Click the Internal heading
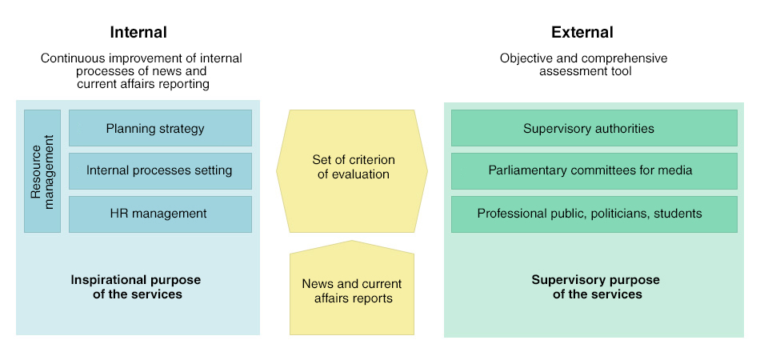(x=138, y=33)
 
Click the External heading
(x=582, y=33)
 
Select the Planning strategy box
(x=161, y=128)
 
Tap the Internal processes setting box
(x=161, y=171)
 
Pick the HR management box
(x=161, y=214)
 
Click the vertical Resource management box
(x=42, y=171)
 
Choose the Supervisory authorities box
(x=594, y=128)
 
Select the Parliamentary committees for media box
(x=594, y=171)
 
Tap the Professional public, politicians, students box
(x=594, y=214)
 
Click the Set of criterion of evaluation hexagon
(x=352, y=171)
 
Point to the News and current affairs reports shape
(x=352, y=288)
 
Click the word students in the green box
(x=678, y=214)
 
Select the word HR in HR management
(x=118, y=214)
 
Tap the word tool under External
(x=622, y=71)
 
